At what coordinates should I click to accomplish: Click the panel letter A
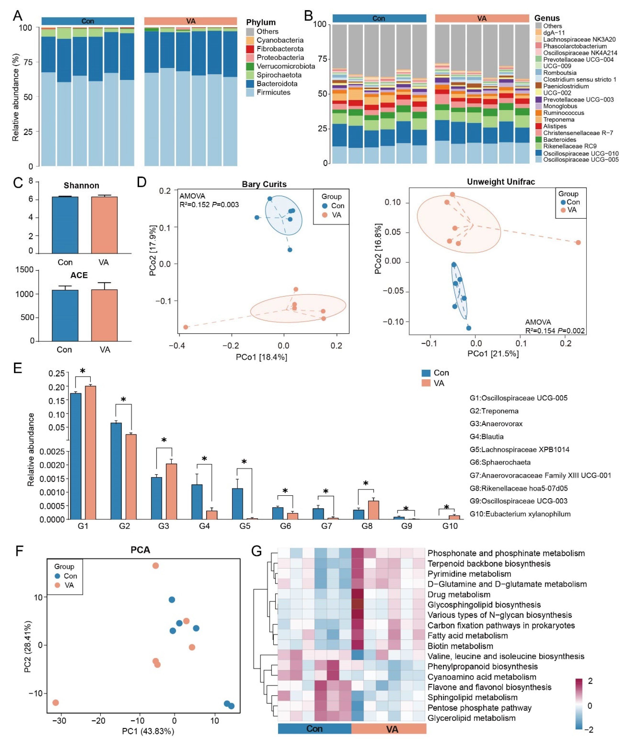tap(17, 16)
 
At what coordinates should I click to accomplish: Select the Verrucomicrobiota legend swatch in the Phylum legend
tap(250, 67)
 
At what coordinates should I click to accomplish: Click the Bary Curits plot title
tap(264, 184)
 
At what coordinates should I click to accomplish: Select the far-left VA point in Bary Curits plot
tap(185, 327)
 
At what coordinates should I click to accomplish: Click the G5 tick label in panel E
tap(245, 526)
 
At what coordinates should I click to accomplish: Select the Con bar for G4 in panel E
tap(197, 502)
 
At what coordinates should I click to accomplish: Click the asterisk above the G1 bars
tap(82, 371)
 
